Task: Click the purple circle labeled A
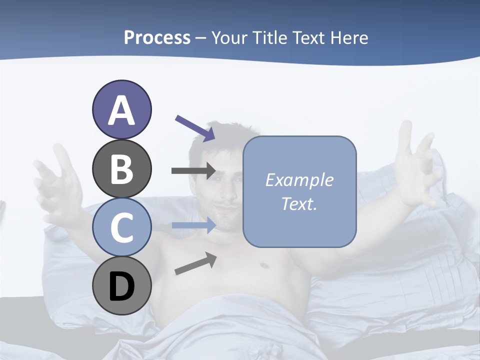pos(121,110)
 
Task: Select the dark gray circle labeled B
pos(121,168)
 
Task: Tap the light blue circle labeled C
pos(121,227)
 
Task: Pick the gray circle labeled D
pos(121,285)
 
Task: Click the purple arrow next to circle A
pos(195,128)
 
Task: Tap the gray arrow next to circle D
pos(195,263)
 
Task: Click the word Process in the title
pos(157,37)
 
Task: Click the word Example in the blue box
pos(299,180)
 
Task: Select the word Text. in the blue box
pos(299,203)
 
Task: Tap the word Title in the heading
pos(270,37)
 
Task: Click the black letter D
pos(121,286)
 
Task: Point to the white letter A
pos(121,111)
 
